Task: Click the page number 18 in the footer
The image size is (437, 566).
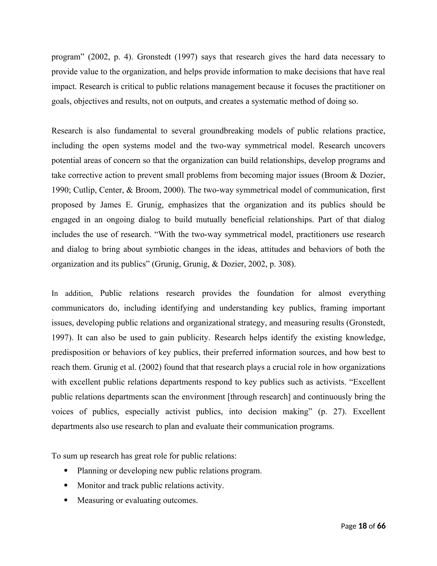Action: click(x=363, y=526)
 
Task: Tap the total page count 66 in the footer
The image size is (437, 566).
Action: click(x=381, y=526)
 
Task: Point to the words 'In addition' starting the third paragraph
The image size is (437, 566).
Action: click(x=72, y=294)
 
